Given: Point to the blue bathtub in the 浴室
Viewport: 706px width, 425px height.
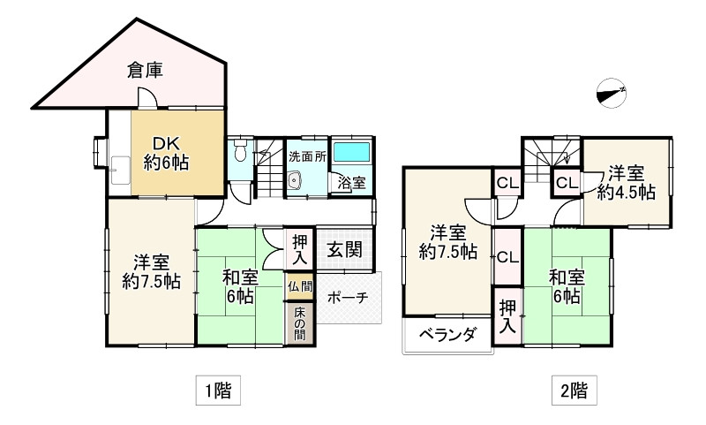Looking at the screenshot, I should [x=352, y=151].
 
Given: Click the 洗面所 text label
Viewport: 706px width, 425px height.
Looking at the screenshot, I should [x=307, y=156].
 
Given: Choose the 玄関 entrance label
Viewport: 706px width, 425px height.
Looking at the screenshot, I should [x=343, y=249].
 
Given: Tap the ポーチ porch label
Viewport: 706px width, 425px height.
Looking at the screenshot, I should [x=346, y=299].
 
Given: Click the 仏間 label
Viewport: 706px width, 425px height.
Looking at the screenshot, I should [x=298, y=286].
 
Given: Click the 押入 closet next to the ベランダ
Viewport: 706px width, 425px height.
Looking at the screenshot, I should [x=507, y=315].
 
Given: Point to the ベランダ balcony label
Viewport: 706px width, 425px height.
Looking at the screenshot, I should [x=447, y=334].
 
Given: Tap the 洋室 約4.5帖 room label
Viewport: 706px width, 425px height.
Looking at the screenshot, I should [x=626, y=182].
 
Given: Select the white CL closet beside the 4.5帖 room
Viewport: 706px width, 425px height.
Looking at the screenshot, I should [x=566, y=183].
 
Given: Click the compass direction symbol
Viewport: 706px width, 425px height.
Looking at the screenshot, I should [x=611, y=91].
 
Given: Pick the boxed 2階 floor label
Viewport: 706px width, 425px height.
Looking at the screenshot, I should [x=571, y=390].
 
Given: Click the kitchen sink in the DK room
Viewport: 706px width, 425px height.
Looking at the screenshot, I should [x=119, y=169].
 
